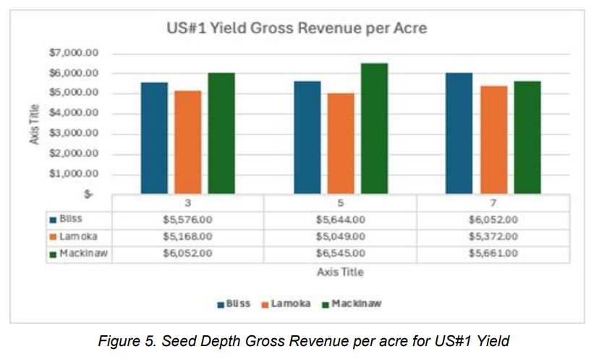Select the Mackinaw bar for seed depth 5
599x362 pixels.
(x=374, y=129)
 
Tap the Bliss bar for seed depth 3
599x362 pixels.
(x=154, y=138)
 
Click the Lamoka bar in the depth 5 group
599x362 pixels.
(x=341, y=143)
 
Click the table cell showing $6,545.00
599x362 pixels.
(x=340, y=253)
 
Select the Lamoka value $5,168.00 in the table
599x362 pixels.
(x=188, y=236)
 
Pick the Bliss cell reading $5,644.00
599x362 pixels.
(x=340, y=219)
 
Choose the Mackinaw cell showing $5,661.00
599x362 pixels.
(x=493, y=253)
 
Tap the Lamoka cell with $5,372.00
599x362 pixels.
(x=493, y=236)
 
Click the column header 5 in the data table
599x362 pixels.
(x=340, y=202)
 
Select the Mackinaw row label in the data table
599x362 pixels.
(x=84, y=253)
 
